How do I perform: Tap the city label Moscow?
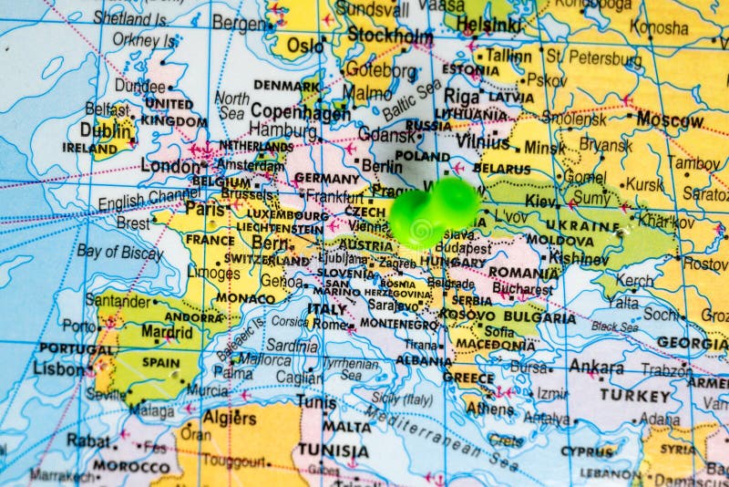(670, 119)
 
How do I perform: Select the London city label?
(170, 167)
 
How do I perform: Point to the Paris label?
(205, 208)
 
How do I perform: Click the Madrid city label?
(166, 333)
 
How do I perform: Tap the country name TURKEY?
(634, 396)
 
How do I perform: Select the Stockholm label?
(390, 36)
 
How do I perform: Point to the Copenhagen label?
(302, 113)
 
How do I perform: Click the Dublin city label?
(106, 130)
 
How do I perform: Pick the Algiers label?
(228, 418)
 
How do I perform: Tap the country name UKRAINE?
(582, 225)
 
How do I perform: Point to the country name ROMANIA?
(524, 272)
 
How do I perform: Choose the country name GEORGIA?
(692, 343)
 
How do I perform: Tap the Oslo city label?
(304, 45)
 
